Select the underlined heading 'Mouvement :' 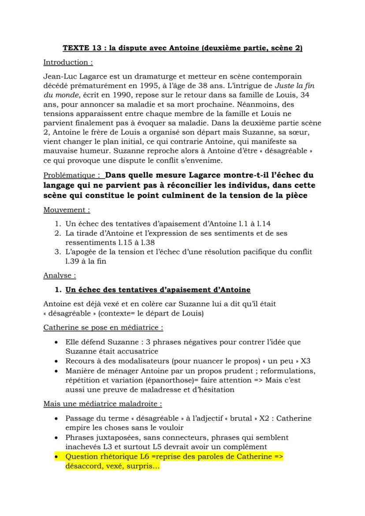tap(67, 210)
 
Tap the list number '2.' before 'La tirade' tap(58, 233)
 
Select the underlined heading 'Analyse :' tap(60, 275)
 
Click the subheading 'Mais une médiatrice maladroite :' tap(103, 404)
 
